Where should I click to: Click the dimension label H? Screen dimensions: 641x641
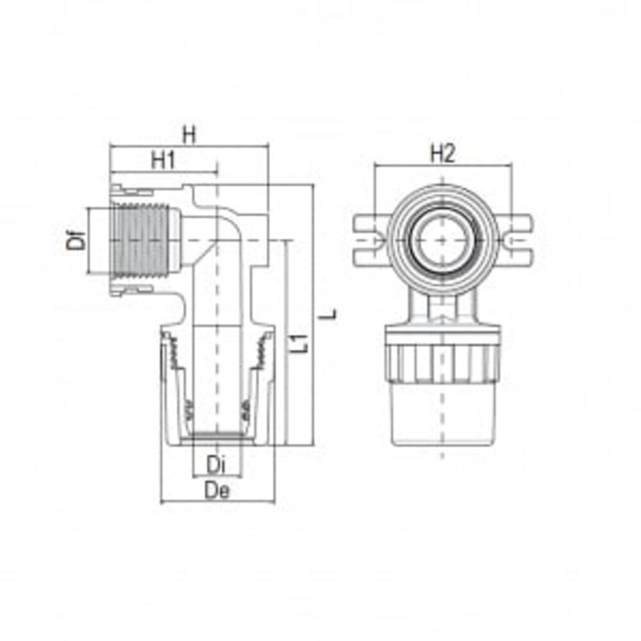(x=188, y=135)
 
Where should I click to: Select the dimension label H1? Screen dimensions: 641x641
(x=163, y=161)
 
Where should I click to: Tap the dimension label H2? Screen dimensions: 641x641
(x=442, y=154)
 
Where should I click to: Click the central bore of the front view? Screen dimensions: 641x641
(x=442, y=238)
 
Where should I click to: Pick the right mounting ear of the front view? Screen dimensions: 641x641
(x=517, y=240)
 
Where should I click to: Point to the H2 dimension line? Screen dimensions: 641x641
(x=442, y=166)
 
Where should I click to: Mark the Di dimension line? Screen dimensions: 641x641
(x=218, y=476)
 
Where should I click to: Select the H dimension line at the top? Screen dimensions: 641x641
(x=188, y=147)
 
